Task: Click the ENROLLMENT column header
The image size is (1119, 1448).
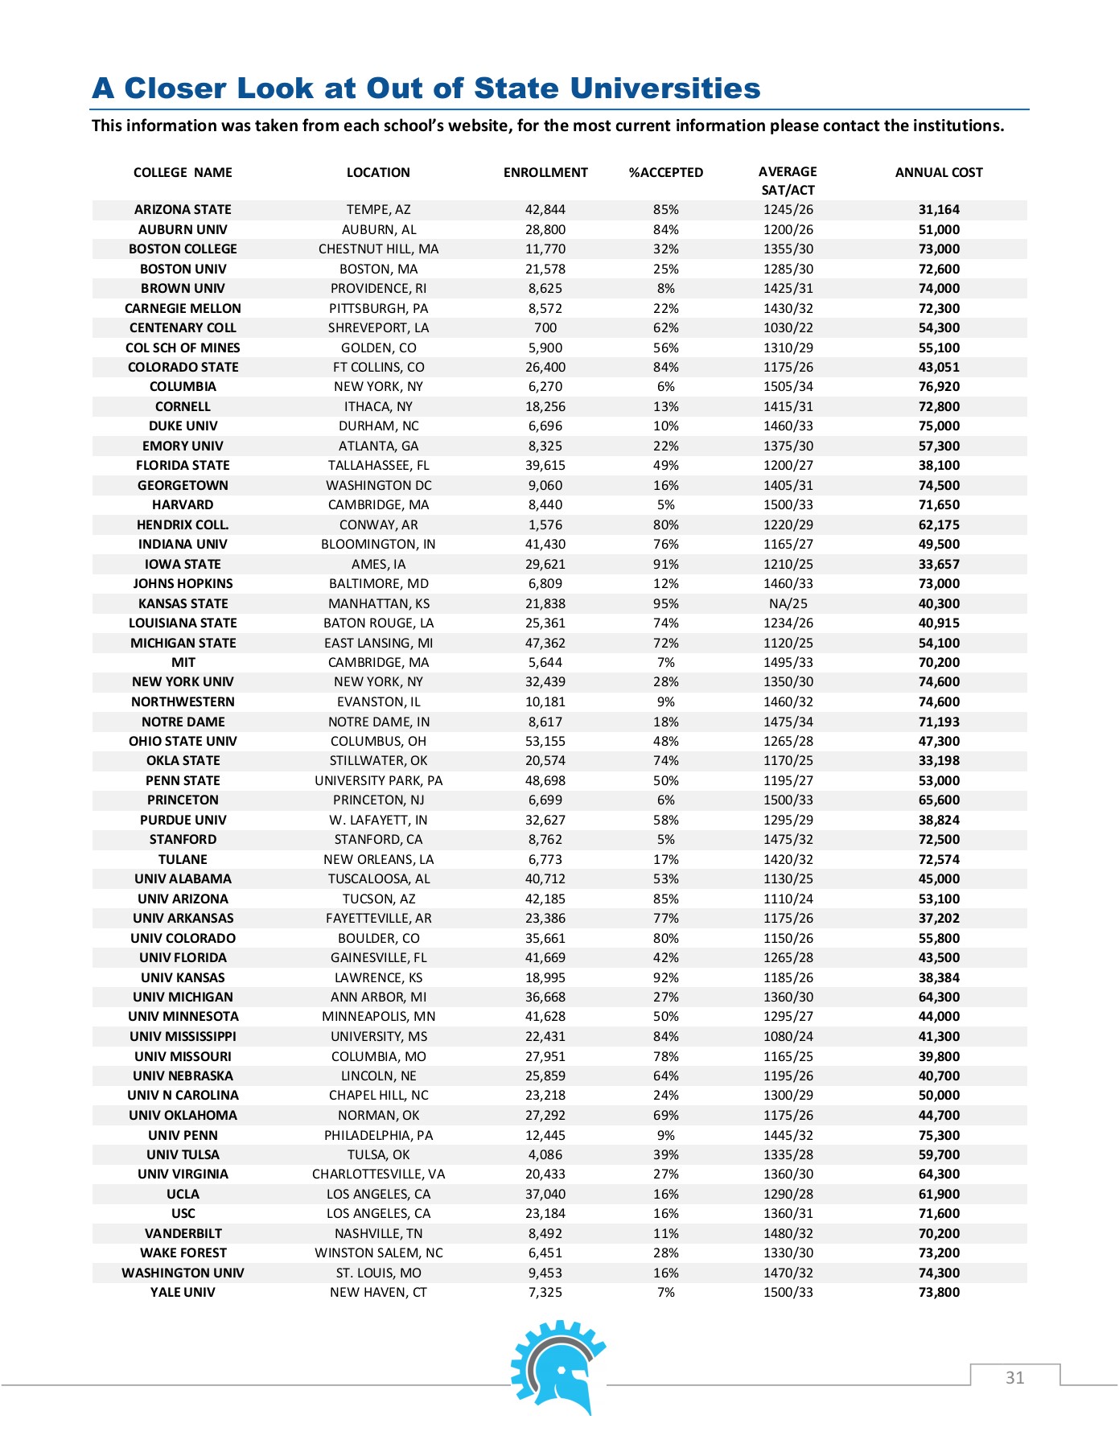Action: click(545, 172)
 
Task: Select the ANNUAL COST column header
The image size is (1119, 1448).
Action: click(939, 172)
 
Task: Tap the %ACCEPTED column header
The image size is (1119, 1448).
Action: click(665, 172)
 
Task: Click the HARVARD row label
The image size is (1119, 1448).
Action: click(183, 505)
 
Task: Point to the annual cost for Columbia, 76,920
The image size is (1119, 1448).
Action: click(939, 387)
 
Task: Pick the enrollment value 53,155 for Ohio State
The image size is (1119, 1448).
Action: click(545, 742)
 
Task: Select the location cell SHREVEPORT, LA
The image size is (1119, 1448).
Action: click(378, 328)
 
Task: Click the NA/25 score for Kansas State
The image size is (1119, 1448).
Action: click(788, 604)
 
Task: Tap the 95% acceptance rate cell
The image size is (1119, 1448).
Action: click(665, 604)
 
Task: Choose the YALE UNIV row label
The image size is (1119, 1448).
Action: click(183, 1293)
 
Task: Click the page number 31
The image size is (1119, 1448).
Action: click(1014, 1378)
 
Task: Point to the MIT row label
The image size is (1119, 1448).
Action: click(183, 663)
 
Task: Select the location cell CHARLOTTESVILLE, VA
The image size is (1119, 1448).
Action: click(378, 1174)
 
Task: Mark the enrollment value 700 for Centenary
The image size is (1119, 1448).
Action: click(545, 328)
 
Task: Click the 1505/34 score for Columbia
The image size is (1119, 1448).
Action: click(788, 387)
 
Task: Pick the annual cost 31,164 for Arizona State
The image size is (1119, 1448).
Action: click(939, 210)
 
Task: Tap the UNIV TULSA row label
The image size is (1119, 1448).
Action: click(183, 1155)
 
